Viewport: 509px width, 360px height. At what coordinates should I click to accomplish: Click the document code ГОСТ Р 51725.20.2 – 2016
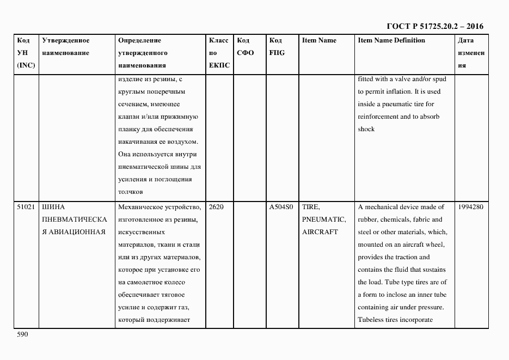tap(434, 26)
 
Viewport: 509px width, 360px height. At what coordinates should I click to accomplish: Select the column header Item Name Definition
tap(391, 40)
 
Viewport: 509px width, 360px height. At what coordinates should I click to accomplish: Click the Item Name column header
tap(319, 40)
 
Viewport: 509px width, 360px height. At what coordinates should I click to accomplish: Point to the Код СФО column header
tap(246, 47)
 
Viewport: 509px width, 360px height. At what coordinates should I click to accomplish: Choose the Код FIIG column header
tap(277, 47)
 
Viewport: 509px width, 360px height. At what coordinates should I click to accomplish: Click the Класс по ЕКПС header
tap(219, 53)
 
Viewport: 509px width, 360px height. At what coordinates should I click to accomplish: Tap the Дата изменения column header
tap(470, 53)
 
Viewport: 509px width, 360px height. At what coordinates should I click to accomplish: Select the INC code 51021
tap(26, 207)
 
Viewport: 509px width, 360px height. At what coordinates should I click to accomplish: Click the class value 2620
tap(216, 207)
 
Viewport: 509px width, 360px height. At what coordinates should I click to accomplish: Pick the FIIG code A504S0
tap(281, 207)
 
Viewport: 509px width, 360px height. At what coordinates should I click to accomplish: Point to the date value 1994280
tap(470, 207)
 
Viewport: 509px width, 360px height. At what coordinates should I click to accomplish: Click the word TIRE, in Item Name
tap(311, 207)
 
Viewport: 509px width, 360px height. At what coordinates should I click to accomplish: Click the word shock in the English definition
tap(366, 129)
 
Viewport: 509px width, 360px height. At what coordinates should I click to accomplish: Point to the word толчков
tap(130, 192)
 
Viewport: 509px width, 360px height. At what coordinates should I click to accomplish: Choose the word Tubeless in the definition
tap(371, 319)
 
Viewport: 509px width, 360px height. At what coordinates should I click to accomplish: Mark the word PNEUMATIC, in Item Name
tap(324, 219)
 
